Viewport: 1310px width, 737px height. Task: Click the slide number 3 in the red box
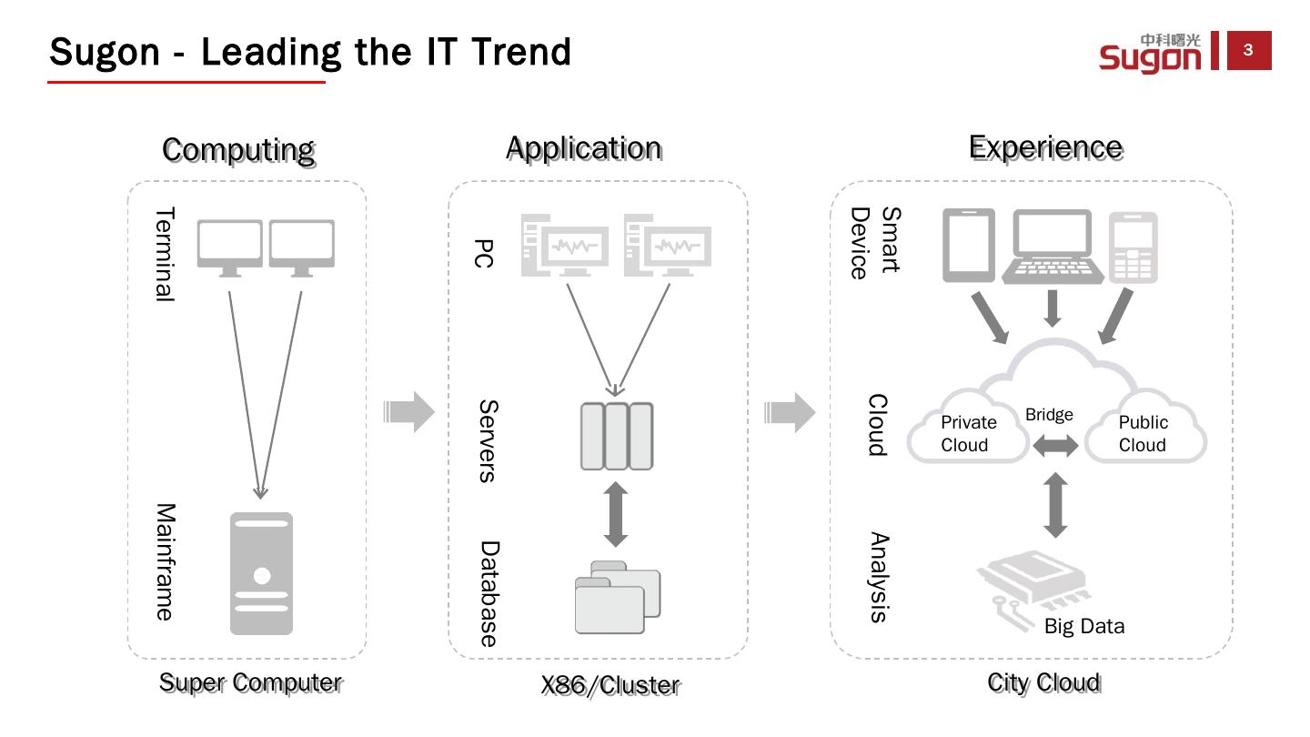[x=1248, y=51]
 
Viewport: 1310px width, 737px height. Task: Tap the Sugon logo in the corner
[x=1151, y=53]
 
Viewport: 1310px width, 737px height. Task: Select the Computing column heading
[x=238, y=149]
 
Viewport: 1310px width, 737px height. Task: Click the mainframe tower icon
[x=262, y=573]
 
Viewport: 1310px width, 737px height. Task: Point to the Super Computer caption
[x=251, y=682]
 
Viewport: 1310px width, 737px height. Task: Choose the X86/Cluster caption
[x=610, y=685]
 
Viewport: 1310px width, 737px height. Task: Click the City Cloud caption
[x=1044, y=682]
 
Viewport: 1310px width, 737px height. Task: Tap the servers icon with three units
[x=617, y=436]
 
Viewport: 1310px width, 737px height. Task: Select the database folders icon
[x=618, y=598]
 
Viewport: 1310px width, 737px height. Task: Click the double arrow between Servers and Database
[x=616, y=514]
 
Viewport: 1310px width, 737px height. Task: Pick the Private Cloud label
[x=967, y=433]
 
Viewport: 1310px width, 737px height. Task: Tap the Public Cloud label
[x=1143, y=433]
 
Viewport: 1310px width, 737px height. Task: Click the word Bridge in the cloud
[x=1049, y=415]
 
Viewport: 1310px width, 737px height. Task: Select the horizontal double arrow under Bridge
[x=1055, y=446]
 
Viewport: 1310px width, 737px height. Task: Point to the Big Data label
[x=1084, y=626]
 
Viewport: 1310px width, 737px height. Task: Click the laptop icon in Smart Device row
[x=1053, y=247]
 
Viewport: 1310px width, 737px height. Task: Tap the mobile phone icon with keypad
[x=1134, y=247]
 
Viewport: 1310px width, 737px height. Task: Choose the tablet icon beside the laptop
[x=969, y=246]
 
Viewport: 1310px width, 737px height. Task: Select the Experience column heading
[x=1045, y=147]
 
